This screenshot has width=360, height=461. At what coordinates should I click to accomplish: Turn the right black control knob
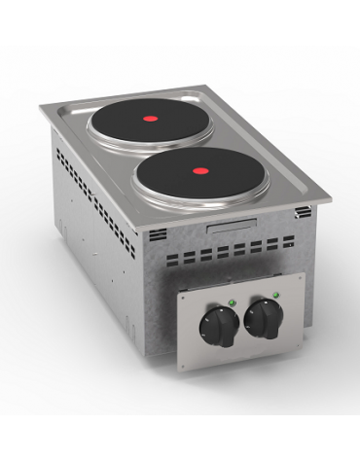point(262,317)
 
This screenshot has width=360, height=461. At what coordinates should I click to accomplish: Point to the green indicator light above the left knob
point(231,301)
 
